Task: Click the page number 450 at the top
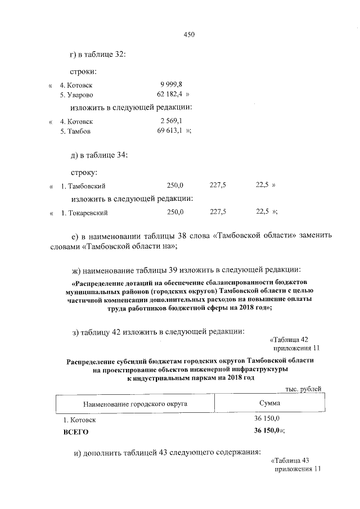click(x=189, y=35)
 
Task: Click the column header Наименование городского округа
click(x=135, y=404)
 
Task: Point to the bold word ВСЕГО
click(x=75, y=433)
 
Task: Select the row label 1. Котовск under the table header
click(x=79, y=420)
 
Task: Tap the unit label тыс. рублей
click(x=304, y=389)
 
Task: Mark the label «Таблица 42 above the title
click(x=289, y=339)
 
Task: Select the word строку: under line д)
click(x=84, y=172)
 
